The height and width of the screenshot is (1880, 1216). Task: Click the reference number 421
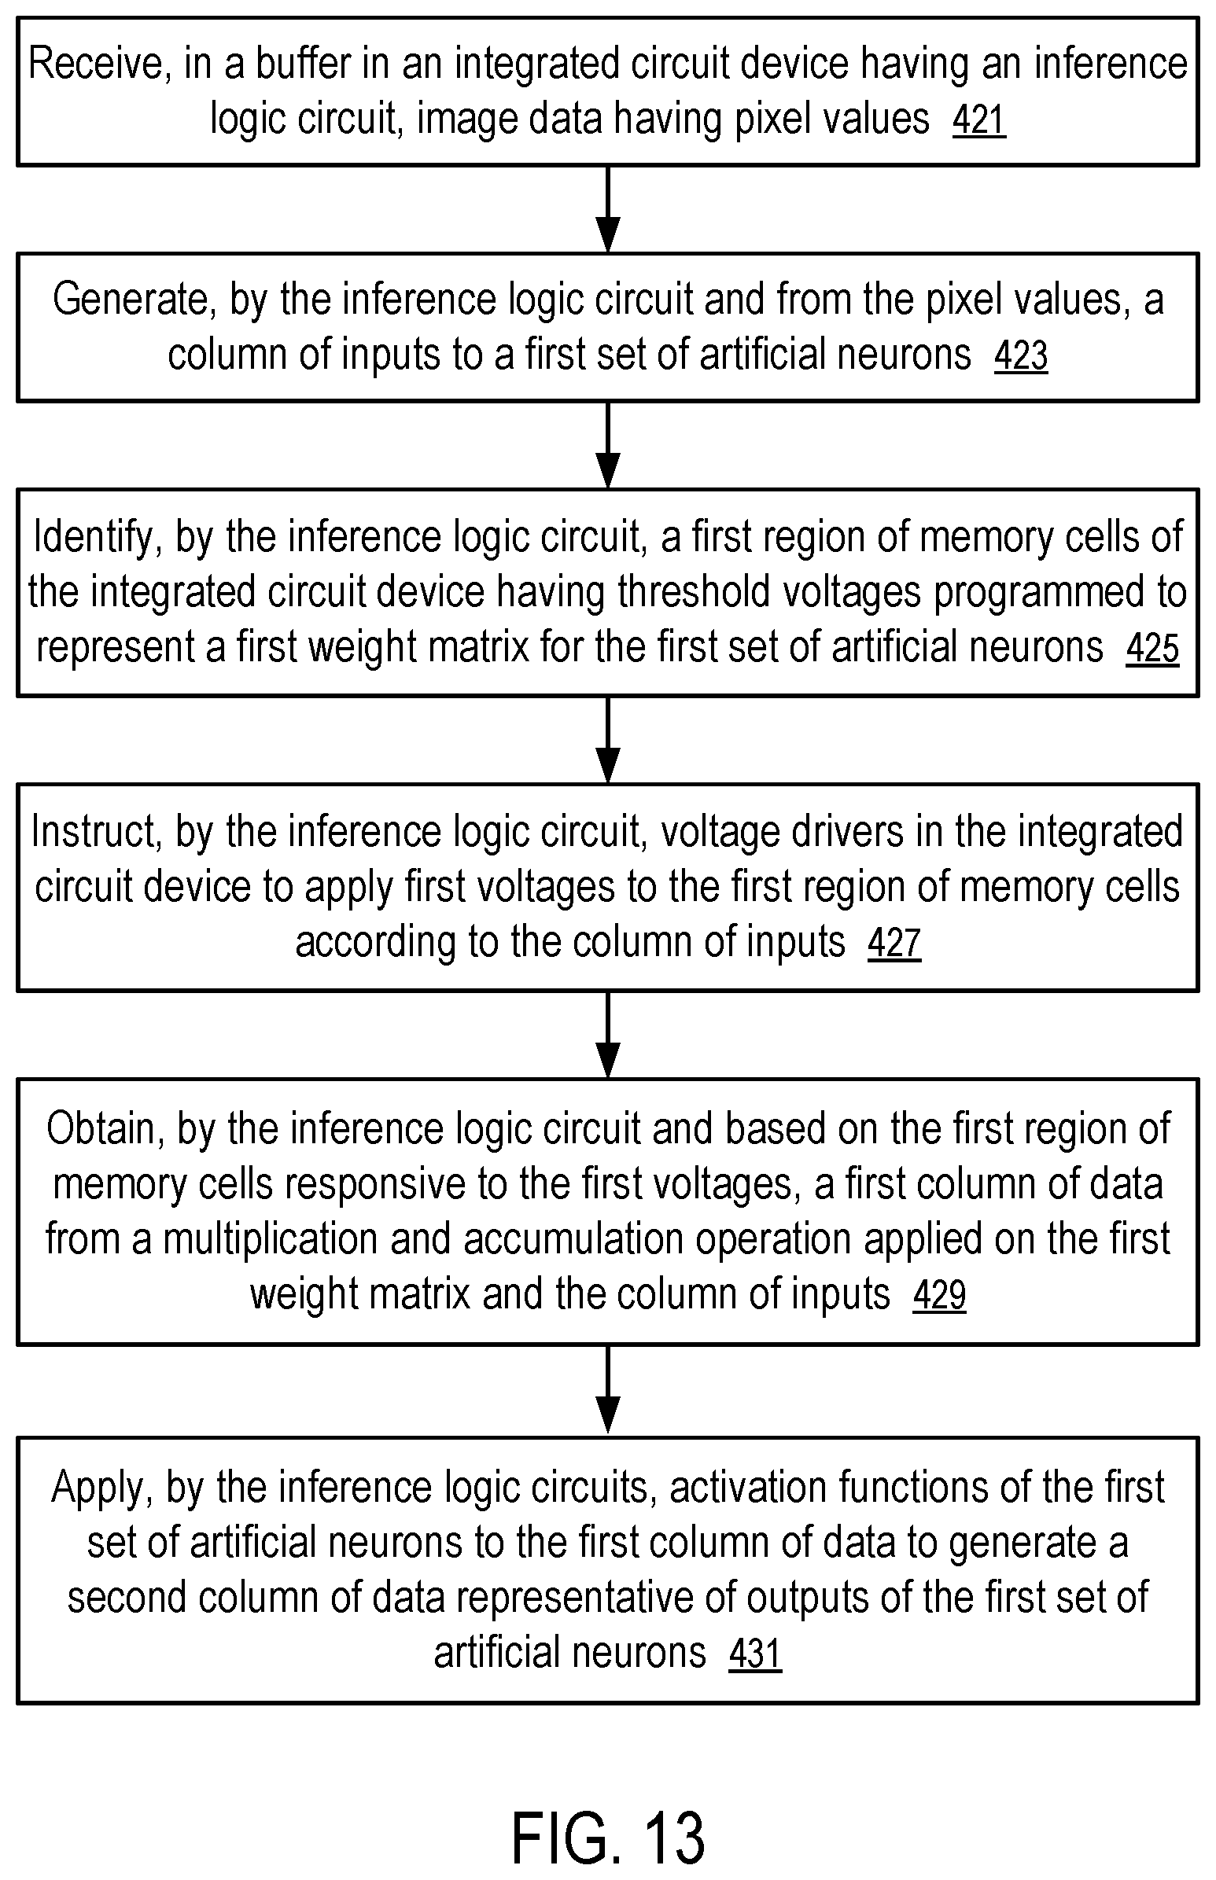tap(978, 121)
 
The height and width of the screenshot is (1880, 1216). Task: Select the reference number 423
tap(1020, 356)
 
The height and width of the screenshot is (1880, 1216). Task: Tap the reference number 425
tap(1152, 649)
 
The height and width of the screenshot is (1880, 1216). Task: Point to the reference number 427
tap(894, 944)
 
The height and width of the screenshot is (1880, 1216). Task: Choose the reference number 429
tap(939, 1296)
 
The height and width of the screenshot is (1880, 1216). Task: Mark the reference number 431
tap(755, 1654)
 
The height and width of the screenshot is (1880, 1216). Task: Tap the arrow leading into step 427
tap(607, 741)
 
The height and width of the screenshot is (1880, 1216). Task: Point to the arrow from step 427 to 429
tap(607, 1035)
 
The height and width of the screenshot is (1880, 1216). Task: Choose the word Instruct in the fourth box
tap(95, 833)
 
